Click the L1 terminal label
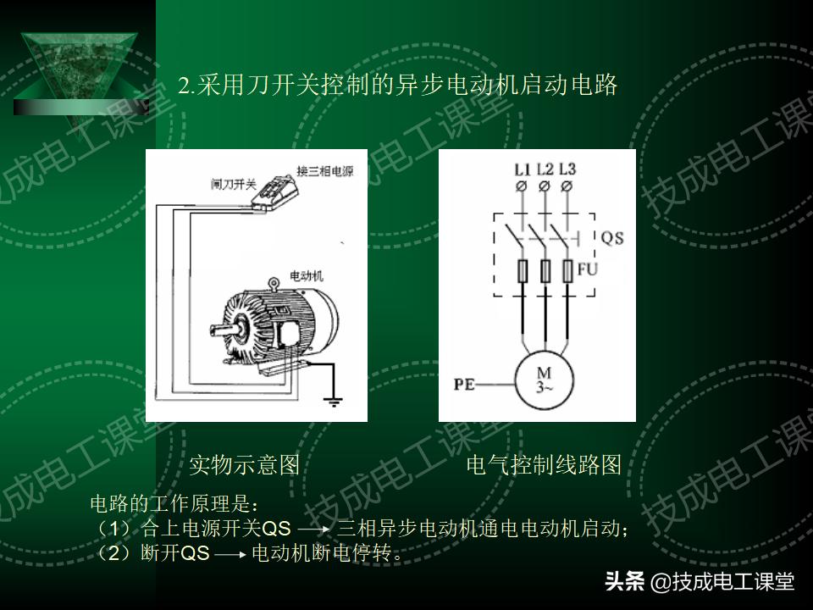click(x=522, y=168)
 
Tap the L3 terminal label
click(x=567, y=168)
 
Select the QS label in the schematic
click(x=611, y=238)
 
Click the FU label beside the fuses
click(x=588, y=269)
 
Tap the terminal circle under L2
click(x=545, y=186)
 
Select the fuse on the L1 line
click(x=523, y=271)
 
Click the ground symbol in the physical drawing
click(x=335, y=399)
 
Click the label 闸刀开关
click(x=233, y=183)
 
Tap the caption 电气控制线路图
click(x=544, y=464)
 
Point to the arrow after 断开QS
click(x=230, y=556)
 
